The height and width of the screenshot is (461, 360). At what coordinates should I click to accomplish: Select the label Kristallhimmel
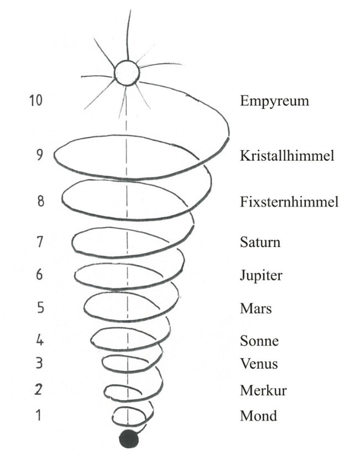[287, 155]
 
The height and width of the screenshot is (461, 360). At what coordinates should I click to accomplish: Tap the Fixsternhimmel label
[289, 202]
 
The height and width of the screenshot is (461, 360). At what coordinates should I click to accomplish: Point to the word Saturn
[260, 242]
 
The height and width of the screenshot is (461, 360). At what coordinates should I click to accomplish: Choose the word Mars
[255, 308]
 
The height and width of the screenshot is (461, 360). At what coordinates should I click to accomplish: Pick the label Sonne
[259, 341]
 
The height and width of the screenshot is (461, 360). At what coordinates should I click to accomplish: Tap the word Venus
[259, 363]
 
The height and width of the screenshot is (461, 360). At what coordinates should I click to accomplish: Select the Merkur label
[263, 390]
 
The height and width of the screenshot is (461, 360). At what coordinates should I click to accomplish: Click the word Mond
[258, 416]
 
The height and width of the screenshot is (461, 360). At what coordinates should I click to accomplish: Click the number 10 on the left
[36, 100]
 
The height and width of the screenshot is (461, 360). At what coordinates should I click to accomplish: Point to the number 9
[39, 155]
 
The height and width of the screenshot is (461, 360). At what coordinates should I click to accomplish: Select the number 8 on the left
[40, 201]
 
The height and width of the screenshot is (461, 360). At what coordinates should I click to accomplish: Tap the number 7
[40, 242]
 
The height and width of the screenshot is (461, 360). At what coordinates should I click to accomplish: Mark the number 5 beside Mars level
[40, 307]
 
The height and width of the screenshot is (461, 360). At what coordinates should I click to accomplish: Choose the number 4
[40, 340]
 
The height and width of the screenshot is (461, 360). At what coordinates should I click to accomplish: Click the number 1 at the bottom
[38, 415]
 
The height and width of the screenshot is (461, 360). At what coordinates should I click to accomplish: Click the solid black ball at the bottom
[128, 439]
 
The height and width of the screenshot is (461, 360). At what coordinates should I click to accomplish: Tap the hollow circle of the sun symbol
[127, 73]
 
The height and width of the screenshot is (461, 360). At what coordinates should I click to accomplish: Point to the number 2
[39, 389]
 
